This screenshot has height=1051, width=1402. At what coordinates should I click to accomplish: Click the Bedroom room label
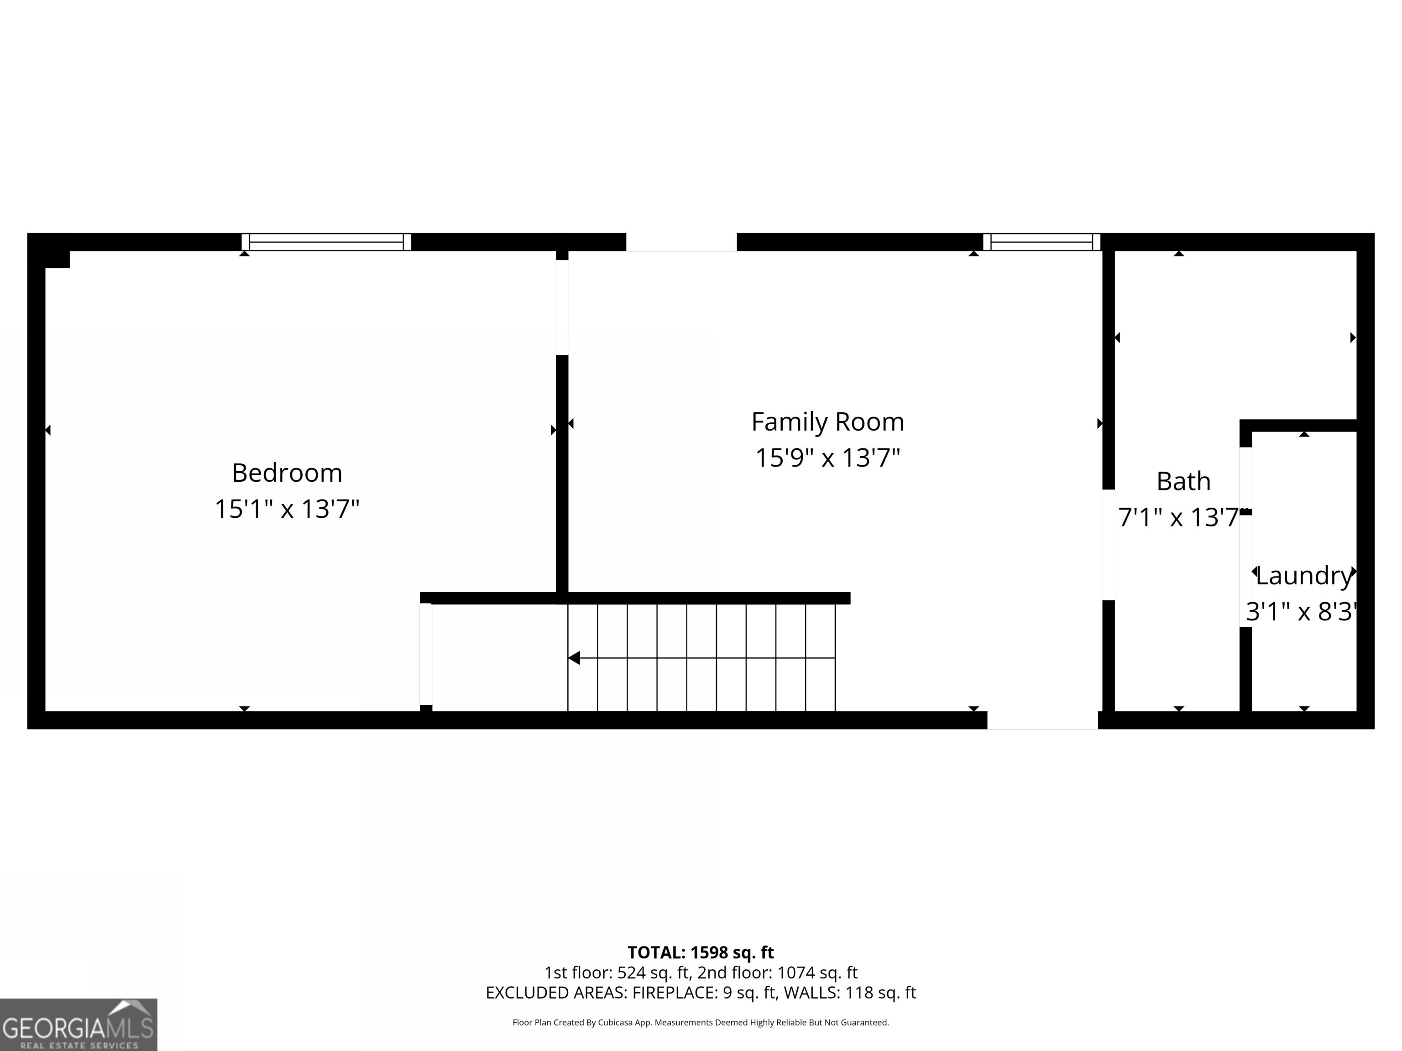(x=287, y=473)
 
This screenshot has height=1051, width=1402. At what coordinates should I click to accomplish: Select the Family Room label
(x=827, y=422)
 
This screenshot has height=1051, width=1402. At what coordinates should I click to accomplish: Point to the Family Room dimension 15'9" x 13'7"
(x=827, y=458)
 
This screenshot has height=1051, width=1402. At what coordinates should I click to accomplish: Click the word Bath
(x=1182, y=481)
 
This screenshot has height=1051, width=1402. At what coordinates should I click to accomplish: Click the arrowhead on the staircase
(x=574, y=658)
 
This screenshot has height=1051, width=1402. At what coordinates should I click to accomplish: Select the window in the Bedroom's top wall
(x=326, y=242)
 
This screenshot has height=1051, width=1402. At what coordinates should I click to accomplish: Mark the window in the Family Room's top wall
(x=1042, y=242)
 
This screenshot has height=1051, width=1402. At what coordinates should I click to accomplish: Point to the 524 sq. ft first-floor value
(x=653, y=973)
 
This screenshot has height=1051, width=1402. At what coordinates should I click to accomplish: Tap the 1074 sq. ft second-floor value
(x=818, y=973)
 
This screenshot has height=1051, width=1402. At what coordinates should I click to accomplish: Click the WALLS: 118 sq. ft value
(x=849, y=993)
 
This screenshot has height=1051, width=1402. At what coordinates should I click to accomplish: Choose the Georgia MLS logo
(x=78, y=1025)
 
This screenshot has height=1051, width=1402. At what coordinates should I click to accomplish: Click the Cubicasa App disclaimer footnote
(x=701, y=1023)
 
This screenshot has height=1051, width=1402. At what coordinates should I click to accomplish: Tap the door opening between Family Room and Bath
(x=1109, y=545)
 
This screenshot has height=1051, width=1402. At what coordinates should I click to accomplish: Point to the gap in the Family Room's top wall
(x=681, y=242)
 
